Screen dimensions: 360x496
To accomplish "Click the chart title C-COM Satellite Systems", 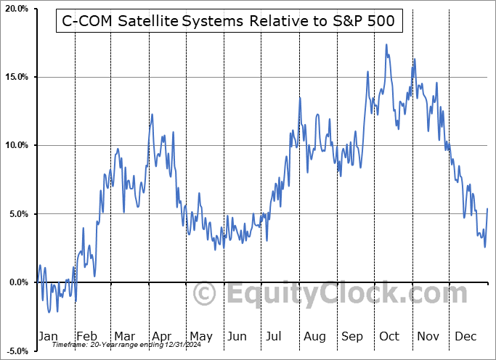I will pos(225,21).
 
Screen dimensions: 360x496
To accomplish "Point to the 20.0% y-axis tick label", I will pos(16,9).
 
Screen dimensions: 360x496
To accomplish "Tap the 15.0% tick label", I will pos(16,77).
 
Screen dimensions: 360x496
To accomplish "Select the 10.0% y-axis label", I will pos(16,145).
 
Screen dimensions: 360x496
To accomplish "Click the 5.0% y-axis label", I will pos(18,214).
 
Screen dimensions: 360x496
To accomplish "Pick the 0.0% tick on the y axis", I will pos(18,282).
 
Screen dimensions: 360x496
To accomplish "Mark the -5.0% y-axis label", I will pos(17,351).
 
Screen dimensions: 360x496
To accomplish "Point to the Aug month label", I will pos(314,337).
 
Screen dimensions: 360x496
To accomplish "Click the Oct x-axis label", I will pos(389,337).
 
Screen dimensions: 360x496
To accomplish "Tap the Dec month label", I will pos(466,337).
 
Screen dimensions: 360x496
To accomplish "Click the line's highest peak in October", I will pos(386,45).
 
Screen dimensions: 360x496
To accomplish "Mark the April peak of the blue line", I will pos(152,115).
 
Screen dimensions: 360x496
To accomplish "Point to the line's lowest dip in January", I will pos(49,312).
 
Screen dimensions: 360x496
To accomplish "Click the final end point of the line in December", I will pos(487,209).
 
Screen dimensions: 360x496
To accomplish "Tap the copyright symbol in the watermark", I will pos(206,295).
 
